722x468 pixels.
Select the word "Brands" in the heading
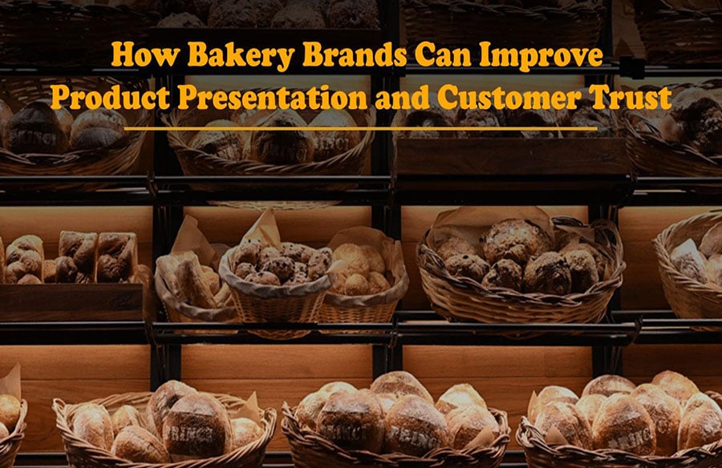355,54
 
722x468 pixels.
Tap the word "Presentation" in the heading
273,97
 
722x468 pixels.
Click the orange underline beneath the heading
360,129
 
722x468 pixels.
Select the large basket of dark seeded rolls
521,272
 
